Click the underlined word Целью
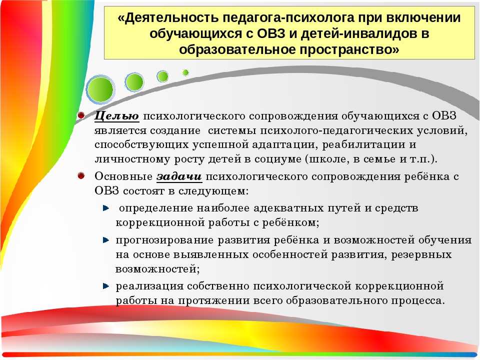116,116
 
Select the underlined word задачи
179,176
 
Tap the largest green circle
100,89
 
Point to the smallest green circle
185,72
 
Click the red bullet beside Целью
81,115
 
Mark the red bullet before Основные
81,175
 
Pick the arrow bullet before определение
106,208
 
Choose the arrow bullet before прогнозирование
106,240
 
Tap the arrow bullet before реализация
106,286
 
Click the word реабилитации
359,144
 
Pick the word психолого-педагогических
336,130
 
